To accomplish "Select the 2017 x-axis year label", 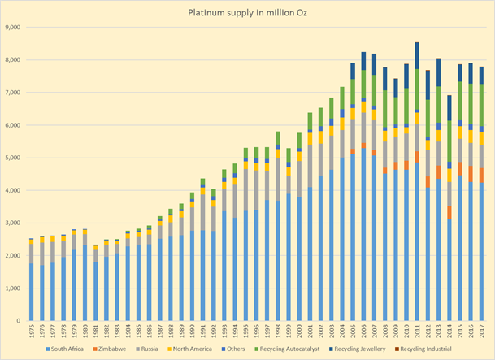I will [483, 332].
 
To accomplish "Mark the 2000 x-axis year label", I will [300, 332].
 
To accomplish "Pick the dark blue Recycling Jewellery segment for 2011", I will [418, 55].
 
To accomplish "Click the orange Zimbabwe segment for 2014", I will [449, 212].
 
